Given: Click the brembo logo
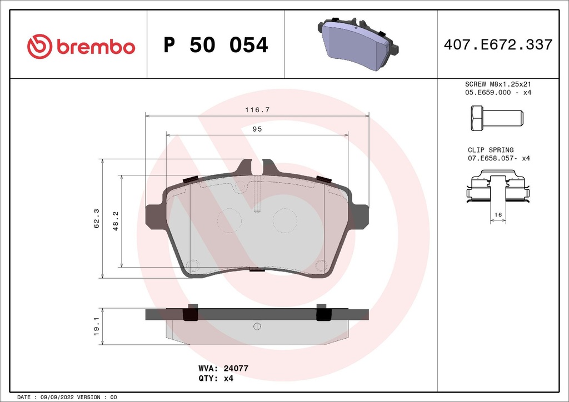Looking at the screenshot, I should click(81, 46).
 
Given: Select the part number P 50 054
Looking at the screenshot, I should click(216, 46).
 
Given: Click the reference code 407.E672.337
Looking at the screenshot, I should click(498, 45).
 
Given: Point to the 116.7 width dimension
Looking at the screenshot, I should click(257, 110).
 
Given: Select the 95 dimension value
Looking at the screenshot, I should click(257, 129).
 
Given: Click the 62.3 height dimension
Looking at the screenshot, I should click(96, 218).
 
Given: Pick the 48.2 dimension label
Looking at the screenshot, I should click(115, 221).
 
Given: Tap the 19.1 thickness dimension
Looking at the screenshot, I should click(96, 326).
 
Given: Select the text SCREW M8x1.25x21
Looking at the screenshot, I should click(498, 84).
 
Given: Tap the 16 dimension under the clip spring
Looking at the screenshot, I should click(498, 214).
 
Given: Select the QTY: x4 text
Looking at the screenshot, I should click(216, 378).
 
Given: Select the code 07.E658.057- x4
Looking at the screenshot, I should click(500, 159).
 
